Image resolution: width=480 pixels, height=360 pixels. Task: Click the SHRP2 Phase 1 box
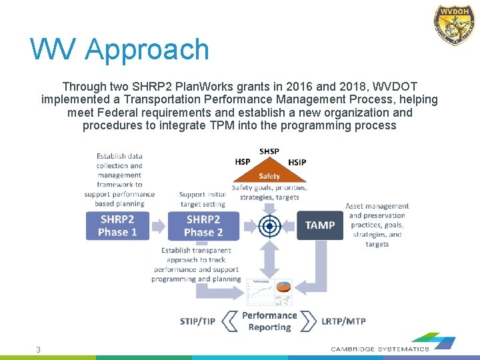(117, 225)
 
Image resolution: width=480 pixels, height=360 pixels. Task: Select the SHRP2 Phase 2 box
(203, 225)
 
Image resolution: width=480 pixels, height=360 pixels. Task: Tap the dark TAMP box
(320, 225)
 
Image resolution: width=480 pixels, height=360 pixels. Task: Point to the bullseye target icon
(269, 226)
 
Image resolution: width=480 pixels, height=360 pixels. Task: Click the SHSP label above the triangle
(269, 151)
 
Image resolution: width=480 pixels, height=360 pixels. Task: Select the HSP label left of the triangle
(243, 162)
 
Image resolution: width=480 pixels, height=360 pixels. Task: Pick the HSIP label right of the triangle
(297, 162)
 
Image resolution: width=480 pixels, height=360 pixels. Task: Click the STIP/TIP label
(197, 321)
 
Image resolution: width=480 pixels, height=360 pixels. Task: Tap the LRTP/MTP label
(343, 321)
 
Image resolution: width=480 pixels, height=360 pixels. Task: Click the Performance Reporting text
(269, 321)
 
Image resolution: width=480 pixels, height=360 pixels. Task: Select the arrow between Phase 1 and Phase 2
(159, 226)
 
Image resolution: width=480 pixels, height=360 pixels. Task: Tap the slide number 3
(38, 350)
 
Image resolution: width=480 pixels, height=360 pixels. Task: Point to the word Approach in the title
(147, 50)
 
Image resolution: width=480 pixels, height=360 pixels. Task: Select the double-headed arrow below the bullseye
(269, 259)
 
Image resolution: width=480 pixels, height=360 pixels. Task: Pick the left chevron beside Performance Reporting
(229, 321)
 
